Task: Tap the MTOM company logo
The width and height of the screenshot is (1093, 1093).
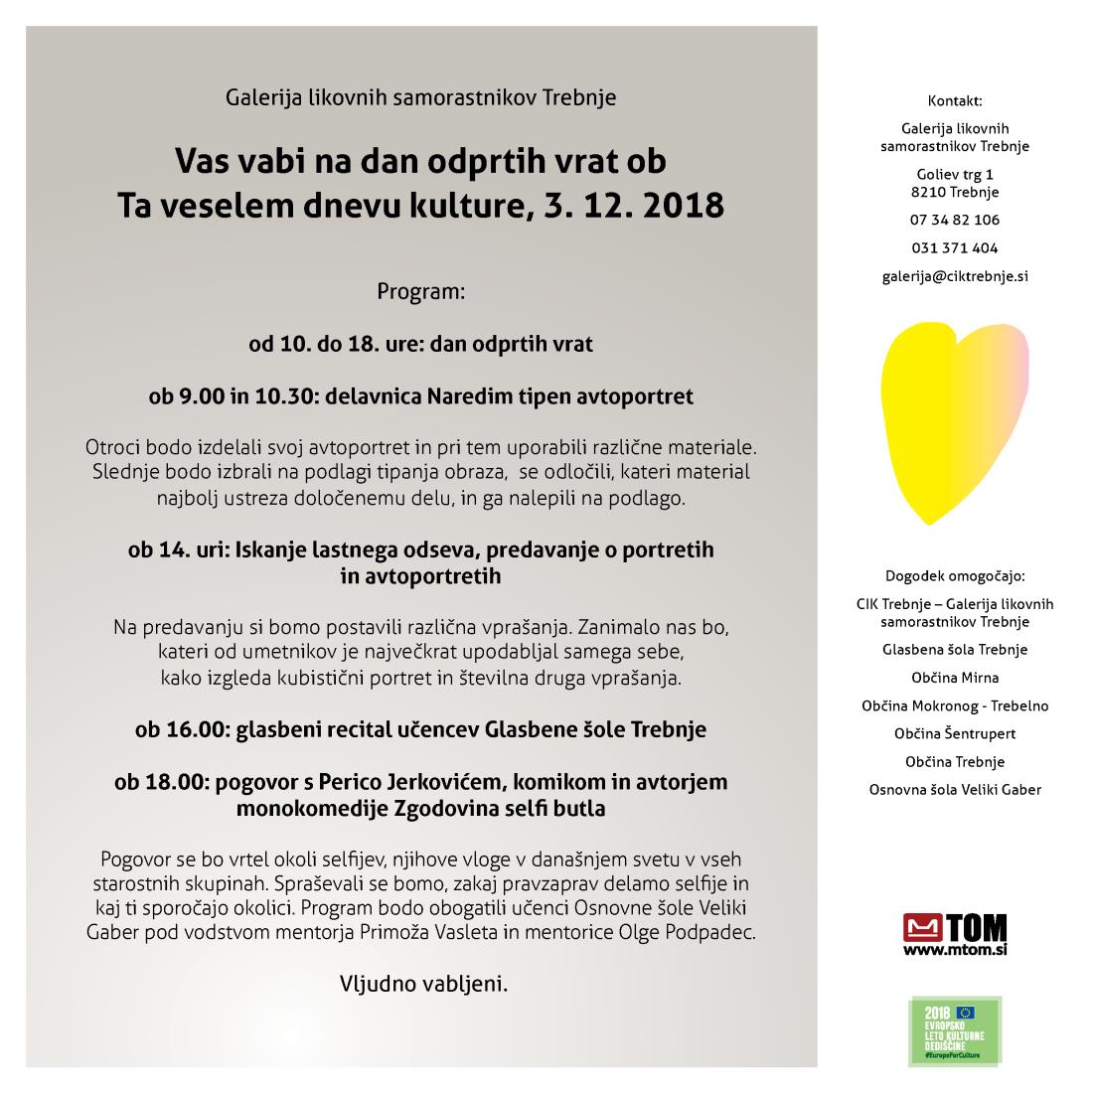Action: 955,929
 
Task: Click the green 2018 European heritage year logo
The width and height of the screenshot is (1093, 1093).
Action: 955,1031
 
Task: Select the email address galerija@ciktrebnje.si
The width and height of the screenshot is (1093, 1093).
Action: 955,276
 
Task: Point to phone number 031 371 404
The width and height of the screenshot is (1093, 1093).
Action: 955,248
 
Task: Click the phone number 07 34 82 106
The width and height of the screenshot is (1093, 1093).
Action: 955,220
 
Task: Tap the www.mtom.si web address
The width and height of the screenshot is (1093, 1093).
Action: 955,951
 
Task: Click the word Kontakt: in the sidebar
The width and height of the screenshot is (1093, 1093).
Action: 955,100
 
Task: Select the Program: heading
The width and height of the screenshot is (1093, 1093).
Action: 420,293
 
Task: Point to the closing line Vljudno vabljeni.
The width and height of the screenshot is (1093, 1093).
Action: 424,984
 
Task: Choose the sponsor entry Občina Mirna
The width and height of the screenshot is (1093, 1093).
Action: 955,678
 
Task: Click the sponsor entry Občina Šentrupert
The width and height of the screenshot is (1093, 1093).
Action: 955,734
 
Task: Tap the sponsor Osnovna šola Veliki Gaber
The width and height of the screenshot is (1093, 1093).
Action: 955,790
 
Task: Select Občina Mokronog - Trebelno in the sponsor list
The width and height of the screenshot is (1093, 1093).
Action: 955,705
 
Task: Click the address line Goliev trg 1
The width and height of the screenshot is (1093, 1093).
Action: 955,175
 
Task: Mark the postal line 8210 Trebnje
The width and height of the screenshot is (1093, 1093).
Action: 955,192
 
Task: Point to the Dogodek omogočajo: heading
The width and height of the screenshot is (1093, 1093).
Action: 955,575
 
